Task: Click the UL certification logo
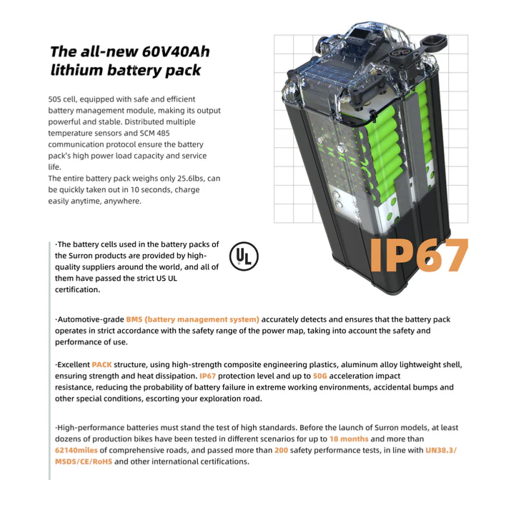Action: [x=244, y=257]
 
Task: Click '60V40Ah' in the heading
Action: [x=174, y=52]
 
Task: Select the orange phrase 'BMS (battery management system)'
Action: [x=192, y=319]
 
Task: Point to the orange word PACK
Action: [x=101, y=364]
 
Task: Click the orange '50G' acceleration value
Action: [x=319, y=376]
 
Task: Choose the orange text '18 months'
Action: [x=349, y=439]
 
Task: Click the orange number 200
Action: [x=281, y=450]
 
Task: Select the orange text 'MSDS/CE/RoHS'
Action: [x=84, y=461]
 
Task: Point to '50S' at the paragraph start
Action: [x=55, y=99]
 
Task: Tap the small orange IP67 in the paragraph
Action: [x=207, y=376]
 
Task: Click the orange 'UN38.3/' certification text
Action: [x=441, y=450]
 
